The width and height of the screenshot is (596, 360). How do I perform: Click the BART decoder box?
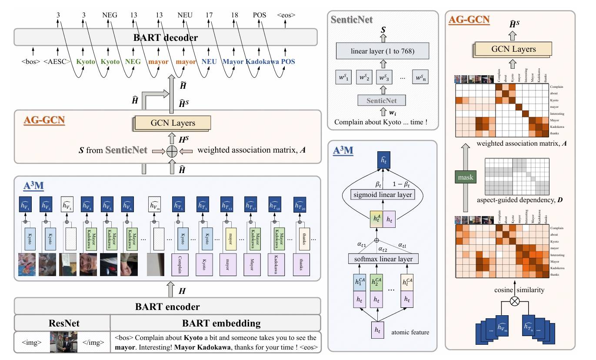167,37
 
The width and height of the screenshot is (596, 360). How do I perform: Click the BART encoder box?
167,307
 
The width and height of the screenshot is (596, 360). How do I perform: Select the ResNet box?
62,323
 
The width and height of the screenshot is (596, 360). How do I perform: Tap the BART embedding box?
216,323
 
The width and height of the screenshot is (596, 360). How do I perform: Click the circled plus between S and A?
173,150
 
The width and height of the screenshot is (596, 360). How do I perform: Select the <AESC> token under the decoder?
57,62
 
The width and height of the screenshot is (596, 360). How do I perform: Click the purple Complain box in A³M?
182,264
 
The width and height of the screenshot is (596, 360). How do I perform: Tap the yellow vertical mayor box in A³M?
230,239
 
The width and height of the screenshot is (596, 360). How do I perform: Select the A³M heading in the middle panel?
343,151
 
